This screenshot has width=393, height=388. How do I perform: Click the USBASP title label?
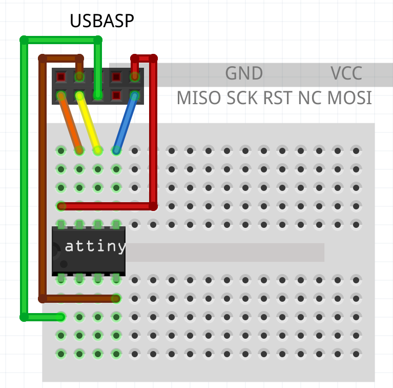click(102, 21)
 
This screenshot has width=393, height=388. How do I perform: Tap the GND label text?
click(244, 73)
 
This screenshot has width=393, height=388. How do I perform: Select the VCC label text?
click(346, 73)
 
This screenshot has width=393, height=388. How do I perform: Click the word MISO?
click(199, 98)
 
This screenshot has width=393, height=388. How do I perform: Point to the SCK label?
click(242, 98)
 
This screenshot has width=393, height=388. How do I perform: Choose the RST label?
click(278, 98)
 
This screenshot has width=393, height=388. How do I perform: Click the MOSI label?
click(350, 98)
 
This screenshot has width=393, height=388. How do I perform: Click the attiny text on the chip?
click(95, 247)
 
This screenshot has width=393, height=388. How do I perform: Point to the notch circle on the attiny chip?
click(64, 264)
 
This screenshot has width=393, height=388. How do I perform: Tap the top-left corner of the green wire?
click(24, 40)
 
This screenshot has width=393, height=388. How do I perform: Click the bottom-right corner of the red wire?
click(153, 206)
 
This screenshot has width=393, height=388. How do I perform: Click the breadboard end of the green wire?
click(61, 317)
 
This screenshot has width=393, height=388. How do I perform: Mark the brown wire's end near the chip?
click(116, 298)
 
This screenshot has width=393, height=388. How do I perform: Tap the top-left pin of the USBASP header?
click(61, 77)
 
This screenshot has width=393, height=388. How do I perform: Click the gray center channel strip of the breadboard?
click(225, 252)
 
